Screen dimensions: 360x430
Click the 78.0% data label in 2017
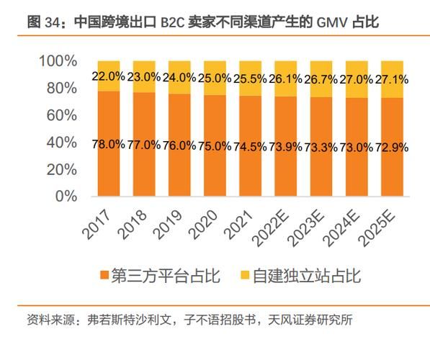[x=108, y=145]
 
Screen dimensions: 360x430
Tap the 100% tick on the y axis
[x=57, y=61]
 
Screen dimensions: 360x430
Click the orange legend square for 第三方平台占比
[x=105, y=276]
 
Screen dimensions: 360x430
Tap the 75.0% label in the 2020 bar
[x=214, y=145]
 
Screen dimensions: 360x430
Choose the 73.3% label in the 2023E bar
[x=321, y=146]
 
